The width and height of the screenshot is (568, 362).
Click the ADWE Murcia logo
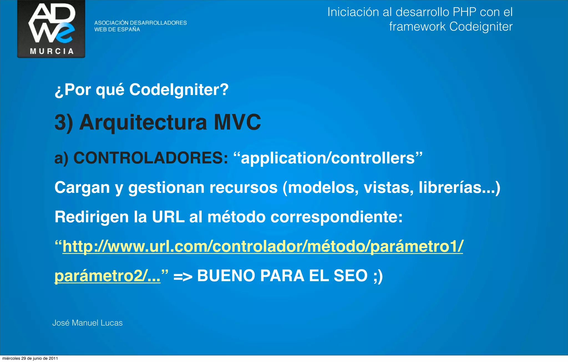coord(51,29)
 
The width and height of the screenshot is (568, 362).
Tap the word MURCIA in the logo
coord(52,51)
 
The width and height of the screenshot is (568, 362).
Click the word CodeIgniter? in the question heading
coord(179,90)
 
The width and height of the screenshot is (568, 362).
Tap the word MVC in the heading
coord(237,122)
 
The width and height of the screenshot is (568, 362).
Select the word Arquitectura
coord(143,122)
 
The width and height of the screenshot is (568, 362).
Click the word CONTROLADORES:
coord(151,158)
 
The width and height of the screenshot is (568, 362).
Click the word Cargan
coord(82,188)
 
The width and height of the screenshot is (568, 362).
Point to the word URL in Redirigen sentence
coord(168,217)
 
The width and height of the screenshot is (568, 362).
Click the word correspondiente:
coord(336,217)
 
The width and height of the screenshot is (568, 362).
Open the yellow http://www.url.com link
coord(263,246)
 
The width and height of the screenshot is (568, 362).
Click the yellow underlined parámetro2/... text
coord(107,276)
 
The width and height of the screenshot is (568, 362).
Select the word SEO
coord(350,276)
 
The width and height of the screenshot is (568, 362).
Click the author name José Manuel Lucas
coord(87,323)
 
